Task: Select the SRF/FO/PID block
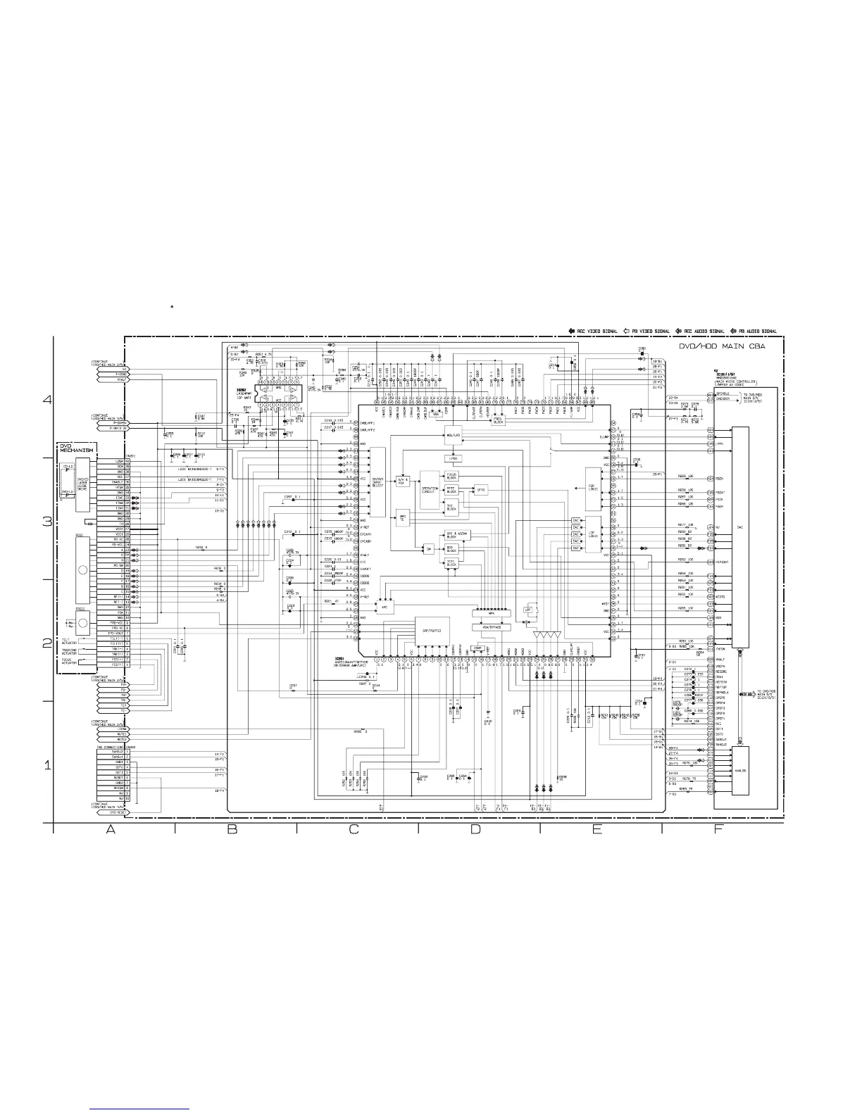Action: (x=432, y=630)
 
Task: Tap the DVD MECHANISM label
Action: (x=76, y=448)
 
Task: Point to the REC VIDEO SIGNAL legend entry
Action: (x=594, y=331)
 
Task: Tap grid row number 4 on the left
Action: (x=48, y=401)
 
